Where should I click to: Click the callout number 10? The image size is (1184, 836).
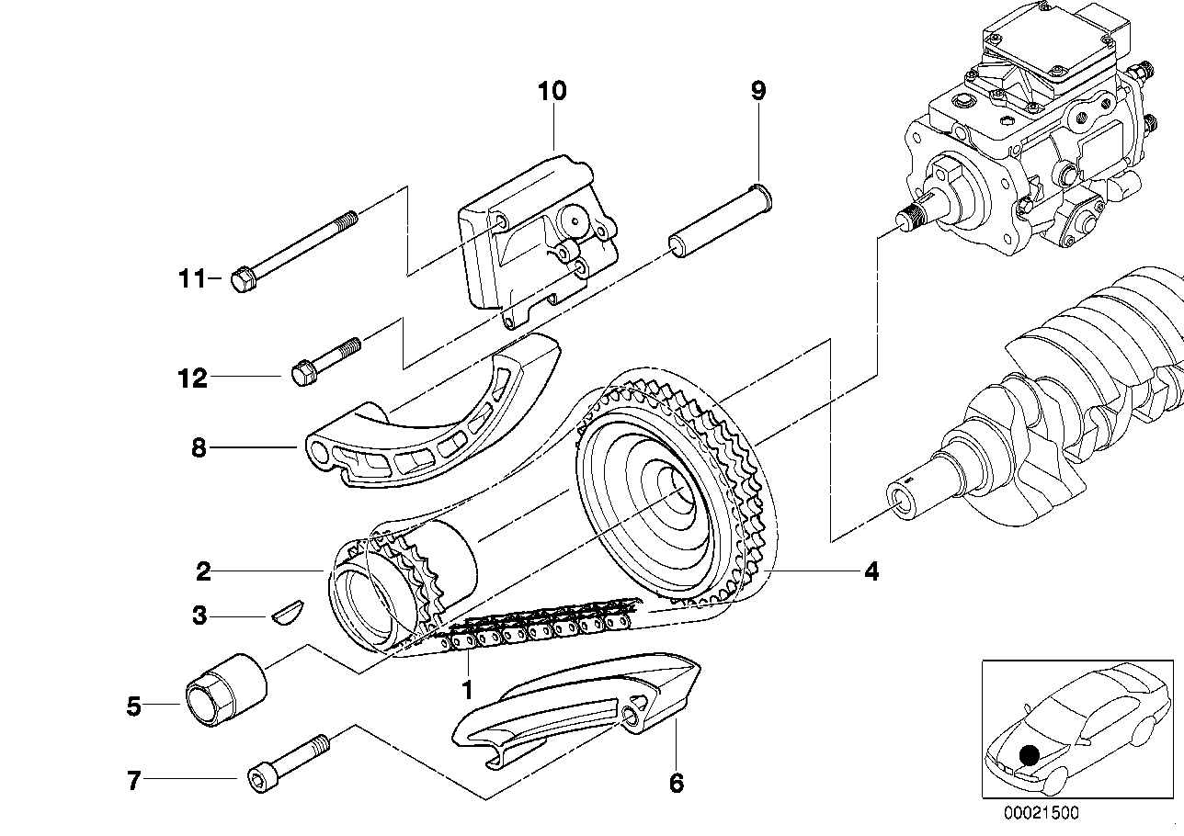552,91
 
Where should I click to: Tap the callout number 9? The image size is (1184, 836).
757,91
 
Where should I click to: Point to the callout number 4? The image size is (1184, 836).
871,572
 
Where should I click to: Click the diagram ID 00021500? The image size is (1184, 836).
1041,813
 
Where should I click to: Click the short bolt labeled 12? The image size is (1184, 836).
327,360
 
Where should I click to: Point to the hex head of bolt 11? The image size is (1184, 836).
242,279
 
